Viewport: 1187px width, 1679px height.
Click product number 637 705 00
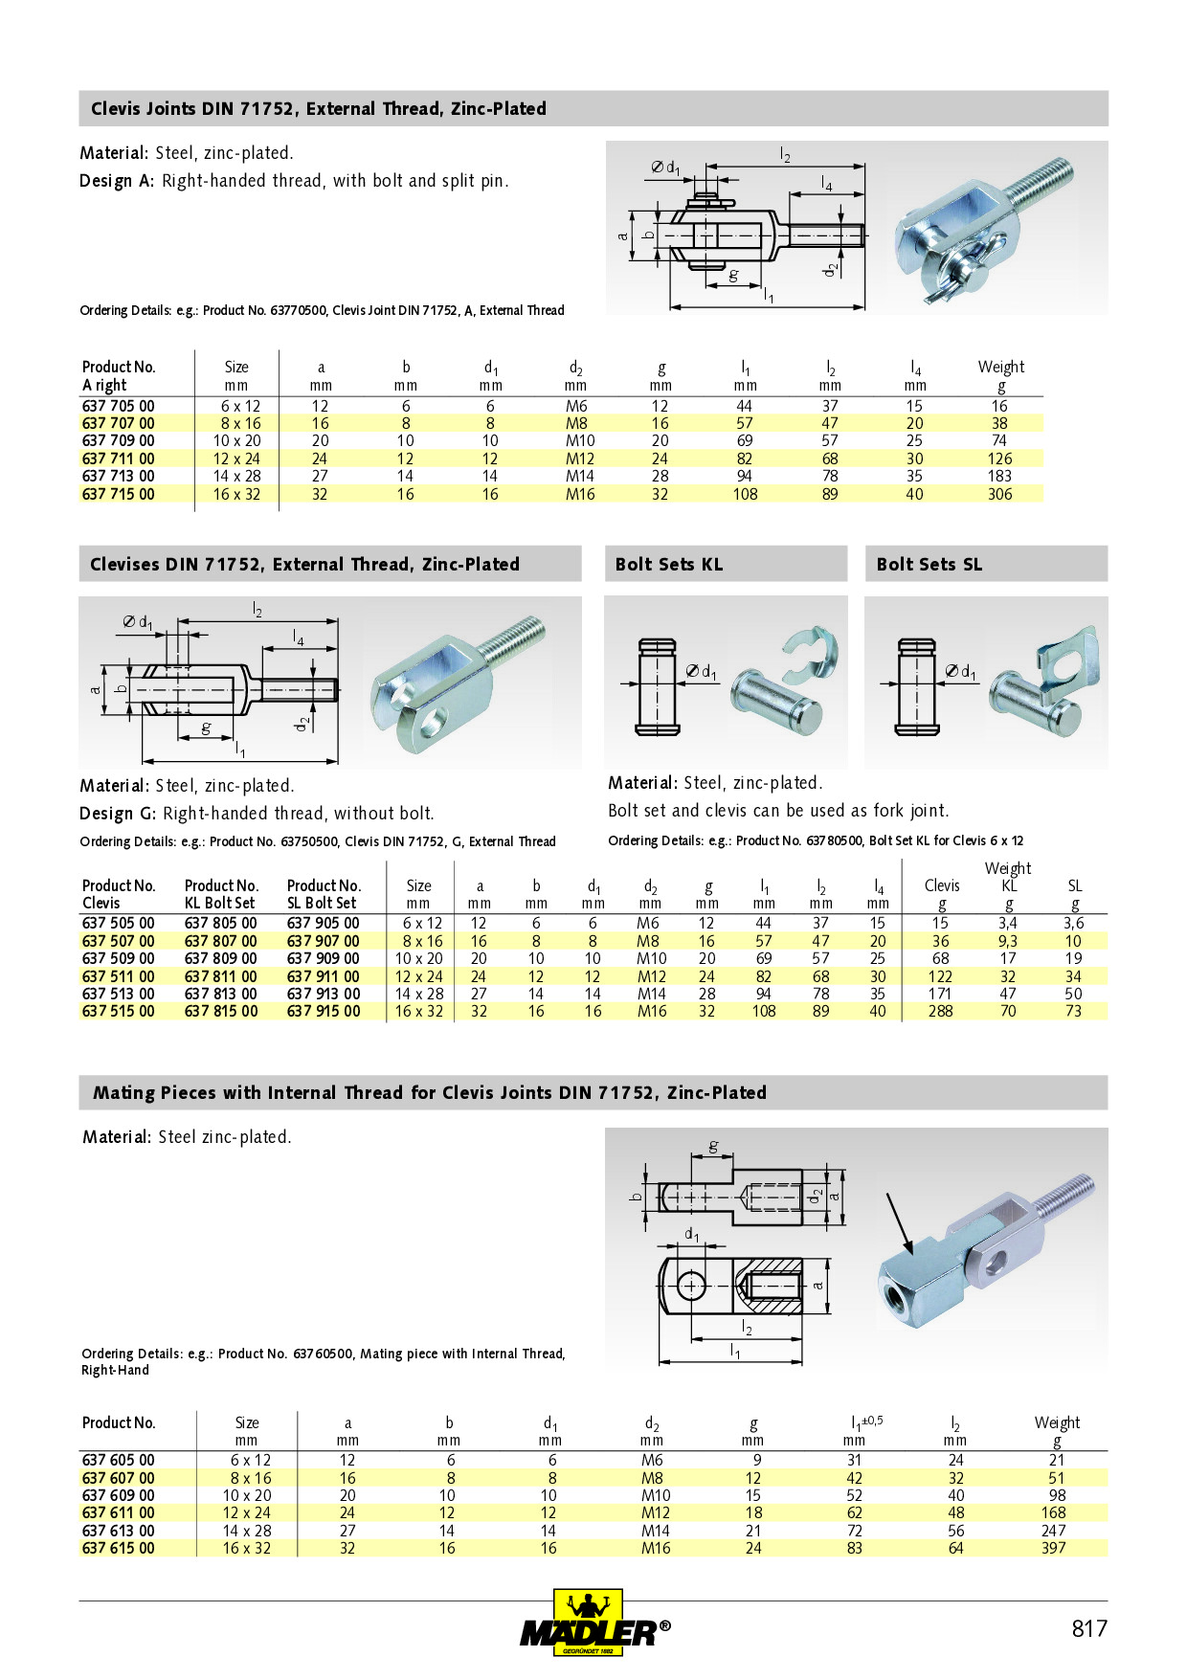coord(118,406)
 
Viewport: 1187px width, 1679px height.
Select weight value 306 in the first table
coord(999,494)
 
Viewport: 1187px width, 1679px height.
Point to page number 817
coord(1088,1628)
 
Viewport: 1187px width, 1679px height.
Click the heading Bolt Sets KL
coord(669,564)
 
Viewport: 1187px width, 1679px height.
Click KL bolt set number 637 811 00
coord(221,976)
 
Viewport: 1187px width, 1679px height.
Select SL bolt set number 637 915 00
coord(324,1011)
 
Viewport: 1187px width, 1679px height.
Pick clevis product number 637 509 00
coord(118,958)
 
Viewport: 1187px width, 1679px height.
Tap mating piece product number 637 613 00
coord(118,1531)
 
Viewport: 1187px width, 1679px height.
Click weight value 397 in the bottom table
coord(1053,1548)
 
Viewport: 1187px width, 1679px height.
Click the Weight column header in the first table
coord(1000,367)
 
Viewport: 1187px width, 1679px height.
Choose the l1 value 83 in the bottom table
coord(854,1548)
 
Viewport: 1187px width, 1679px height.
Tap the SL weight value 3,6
coord(1073,923)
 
